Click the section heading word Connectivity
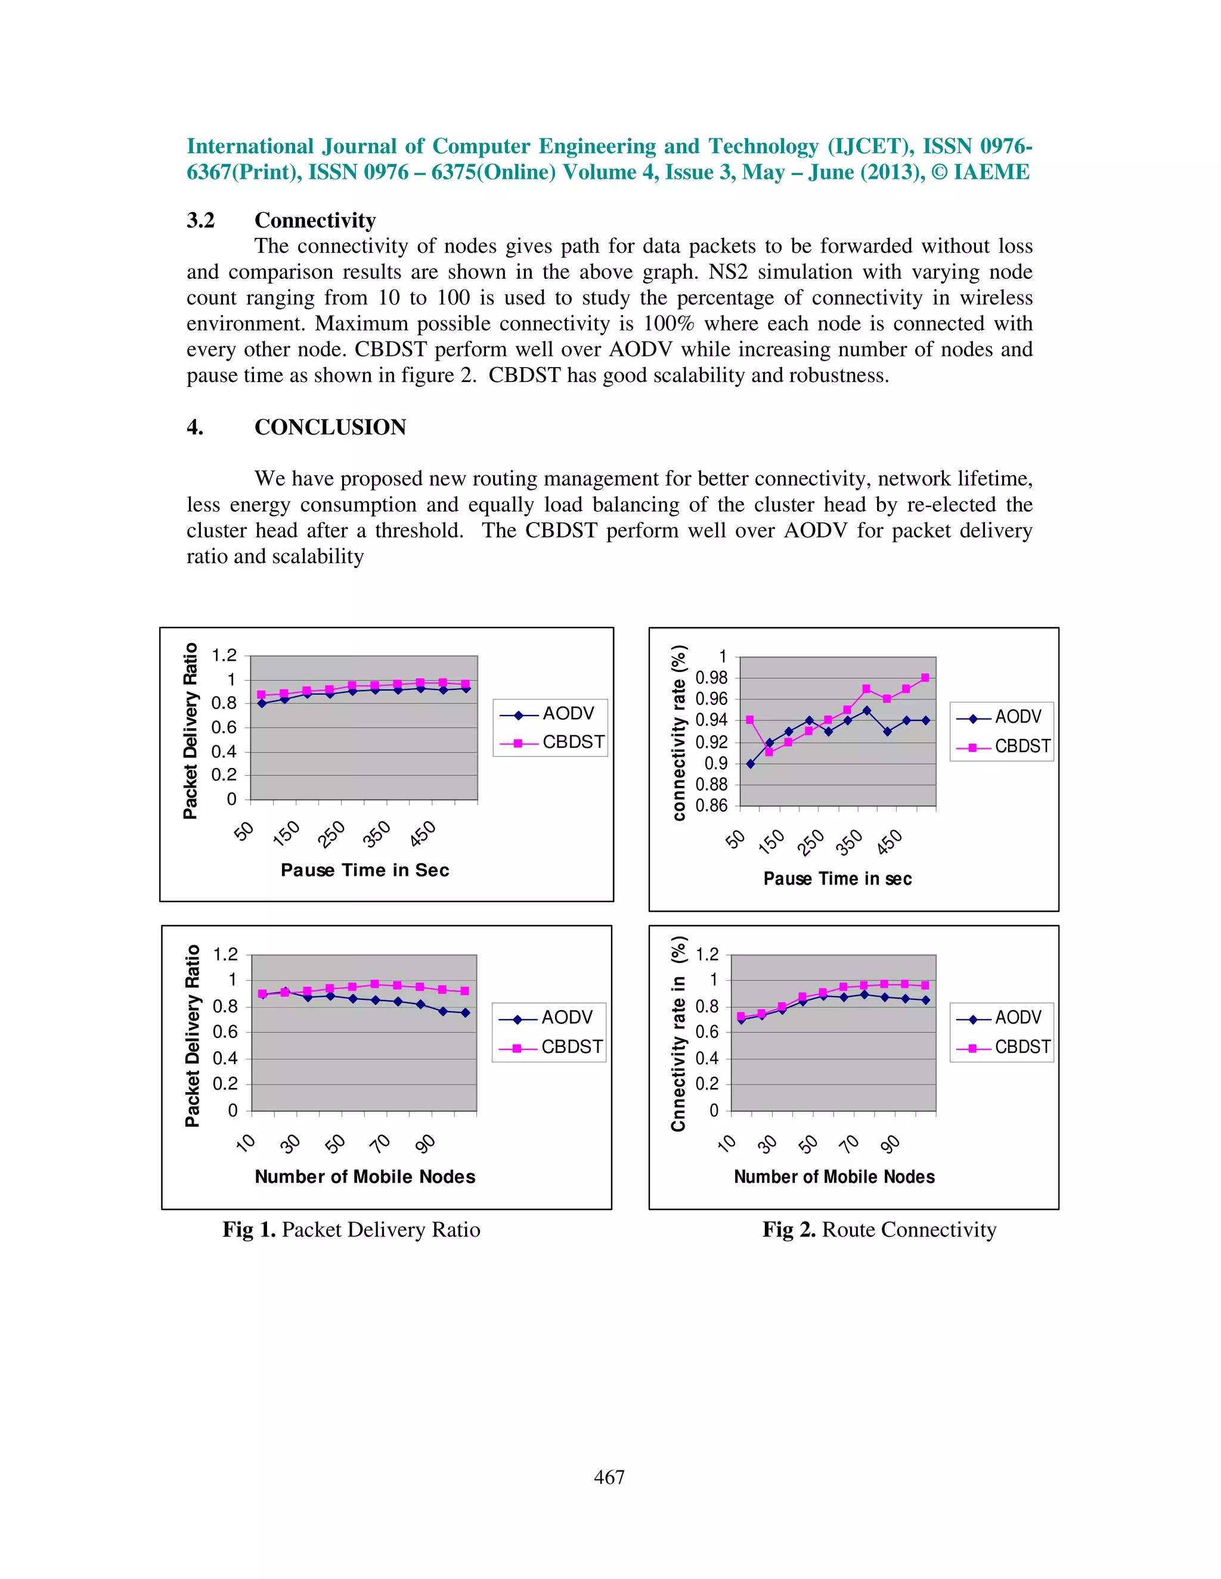tap(315, 220)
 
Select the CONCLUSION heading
tap(330, 427)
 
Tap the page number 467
tap(609, 1477)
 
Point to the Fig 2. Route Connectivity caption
tap(879, 1229)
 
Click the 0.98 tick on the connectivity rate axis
tap(711, 678)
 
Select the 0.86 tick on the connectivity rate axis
tap(711, 806)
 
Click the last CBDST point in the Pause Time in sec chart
tap(925, 677)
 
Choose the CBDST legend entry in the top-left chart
tap(572, 742)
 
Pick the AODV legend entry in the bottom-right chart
tap(1017, 1017)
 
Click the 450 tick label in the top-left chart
tap(423, 834)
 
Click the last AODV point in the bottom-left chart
tap(465, 1013)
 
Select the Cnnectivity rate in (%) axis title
tap(678, 1033)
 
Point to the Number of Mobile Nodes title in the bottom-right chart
tap(834, 1176)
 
